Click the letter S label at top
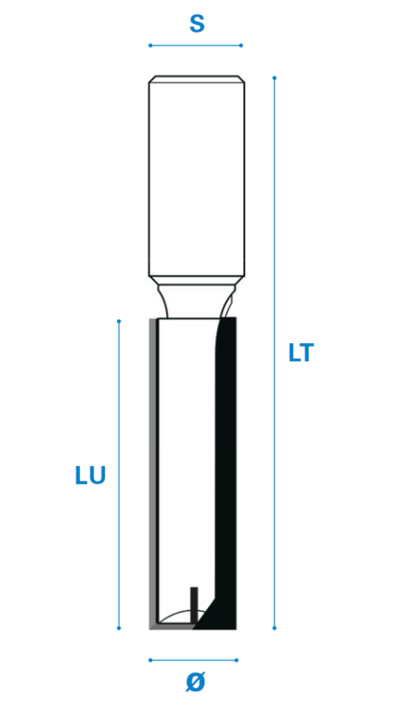pyautogui.click(x=197, y=23)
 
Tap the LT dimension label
pyautogui.click(x=301, y=353)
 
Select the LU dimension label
pyautogui.click(x=90, y=475)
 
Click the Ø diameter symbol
pyautogui.click(x=195, y=682)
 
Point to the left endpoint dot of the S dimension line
pyautogui.click(x=150, y=45)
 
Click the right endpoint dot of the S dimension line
pyautogui.click(x=241, y=45)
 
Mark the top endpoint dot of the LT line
pyautogui.click(x=274, y=78)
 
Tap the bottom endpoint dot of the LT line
pyautogui.click(x=274, y=628)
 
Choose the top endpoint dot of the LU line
pyautogui.click(x=119, y=321)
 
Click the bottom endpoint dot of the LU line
pyautogui.click(x=119, y=628)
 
